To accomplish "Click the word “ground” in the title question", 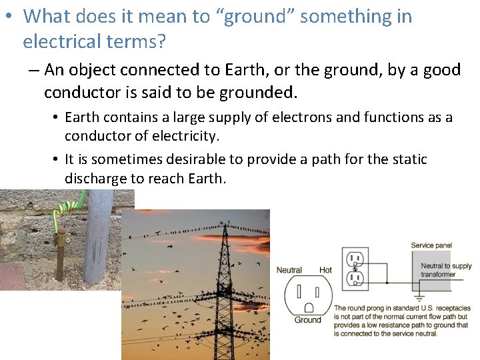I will pos(255,17).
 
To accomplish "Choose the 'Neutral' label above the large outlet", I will pos(289,270).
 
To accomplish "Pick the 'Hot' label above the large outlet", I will pos(325,270).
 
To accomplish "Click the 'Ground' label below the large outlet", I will pos(307,320).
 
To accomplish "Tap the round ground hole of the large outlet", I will pos(308,307).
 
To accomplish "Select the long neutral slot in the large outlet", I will pos(299,291).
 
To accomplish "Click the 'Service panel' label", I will pos(431,245).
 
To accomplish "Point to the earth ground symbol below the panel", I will pos(419,298).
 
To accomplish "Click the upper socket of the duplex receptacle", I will pos(355,259).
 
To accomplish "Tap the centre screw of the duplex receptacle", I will pos(355,268).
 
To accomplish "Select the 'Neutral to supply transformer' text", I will pos(445,270).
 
